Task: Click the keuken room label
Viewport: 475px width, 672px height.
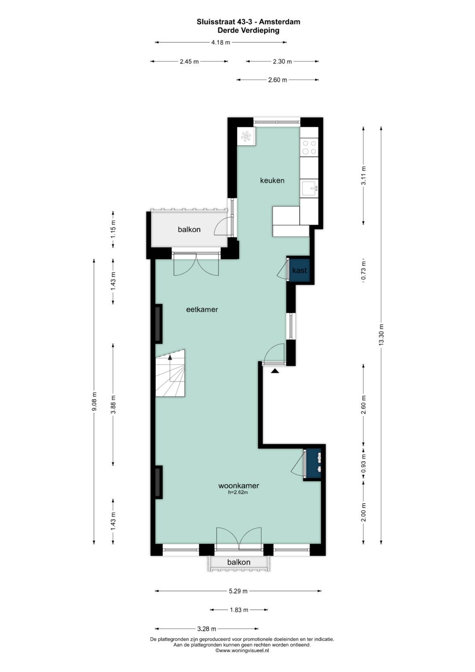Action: (x=272, y=180)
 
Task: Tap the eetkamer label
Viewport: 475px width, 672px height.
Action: (x=202, y=310)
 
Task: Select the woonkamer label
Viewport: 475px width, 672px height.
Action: (x=238, y=485)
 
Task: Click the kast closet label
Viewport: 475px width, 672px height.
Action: (x=300, y=270)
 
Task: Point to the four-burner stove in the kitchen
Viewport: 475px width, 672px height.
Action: (x=309, y=147)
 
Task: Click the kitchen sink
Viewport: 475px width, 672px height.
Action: (x=309, y=188)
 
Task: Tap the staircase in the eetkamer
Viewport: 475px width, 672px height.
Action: (x=170, y=373)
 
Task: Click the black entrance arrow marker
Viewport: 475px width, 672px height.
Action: (x=275, y=371)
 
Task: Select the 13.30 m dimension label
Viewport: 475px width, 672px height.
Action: (x=381, y=335)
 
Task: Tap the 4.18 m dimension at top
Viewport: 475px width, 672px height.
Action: (x=221, y=42)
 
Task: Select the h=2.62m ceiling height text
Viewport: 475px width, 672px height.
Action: (x=238, y=492)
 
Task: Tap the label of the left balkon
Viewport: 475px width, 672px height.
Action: (x=189, y=229)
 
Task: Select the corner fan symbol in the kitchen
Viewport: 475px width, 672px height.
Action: (x=246, y=136)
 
